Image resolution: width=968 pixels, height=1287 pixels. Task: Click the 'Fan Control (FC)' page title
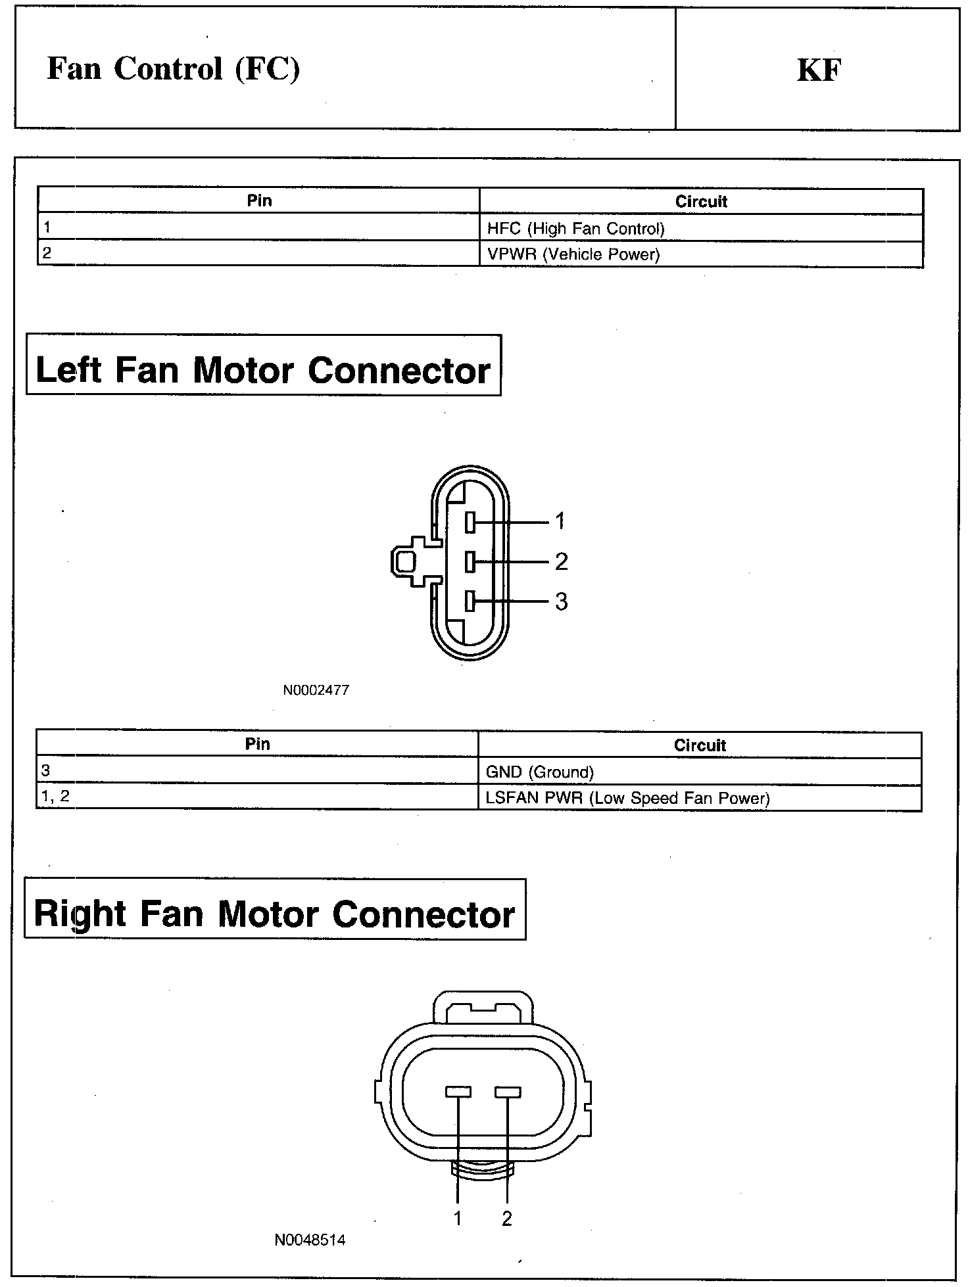point(174,69)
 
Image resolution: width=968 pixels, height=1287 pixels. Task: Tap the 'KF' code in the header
point(819,70)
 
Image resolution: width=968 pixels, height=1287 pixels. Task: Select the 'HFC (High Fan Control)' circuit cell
point(575,228)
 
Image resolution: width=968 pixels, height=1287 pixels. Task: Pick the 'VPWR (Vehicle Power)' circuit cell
point(573,254)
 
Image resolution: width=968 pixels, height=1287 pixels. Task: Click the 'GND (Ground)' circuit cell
point(539,772)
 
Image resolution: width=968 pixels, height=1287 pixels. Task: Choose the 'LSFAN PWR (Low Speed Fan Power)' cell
point(627,798)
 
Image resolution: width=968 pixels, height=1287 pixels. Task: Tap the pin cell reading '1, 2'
point(55,797)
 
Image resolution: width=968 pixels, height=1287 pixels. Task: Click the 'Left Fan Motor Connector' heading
point(263,369)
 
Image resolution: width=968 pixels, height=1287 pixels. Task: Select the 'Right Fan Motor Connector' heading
point(274,914)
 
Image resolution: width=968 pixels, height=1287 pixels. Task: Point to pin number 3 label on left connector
point(561,601)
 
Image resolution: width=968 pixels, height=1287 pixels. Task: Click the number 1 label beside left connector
point(560,522)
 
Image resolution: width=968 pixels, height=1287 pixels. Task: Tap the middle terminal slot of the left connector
point(470,562)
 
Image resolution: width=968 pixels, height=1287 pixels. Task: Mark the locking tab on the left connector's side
point(406,562)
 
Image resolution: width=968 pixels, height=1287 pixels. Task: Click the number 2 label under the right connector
point(506,1218)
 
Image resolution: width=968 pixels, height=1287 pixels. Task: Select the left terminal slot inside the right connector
point(458,1092)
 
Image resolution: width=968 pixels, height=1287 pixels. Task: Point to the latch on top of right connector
point(484,1006)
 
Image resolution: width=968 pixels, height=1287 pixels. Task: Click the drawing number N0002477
point(316,690)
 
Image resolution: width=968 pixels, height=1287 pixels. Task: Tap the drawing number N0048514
point(310,1240)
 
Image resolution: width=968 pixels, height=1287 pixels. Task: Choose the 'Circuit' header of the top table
point(701,202)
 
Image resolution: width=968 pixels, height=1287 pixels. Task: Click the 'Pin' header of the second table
point(257,744)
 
